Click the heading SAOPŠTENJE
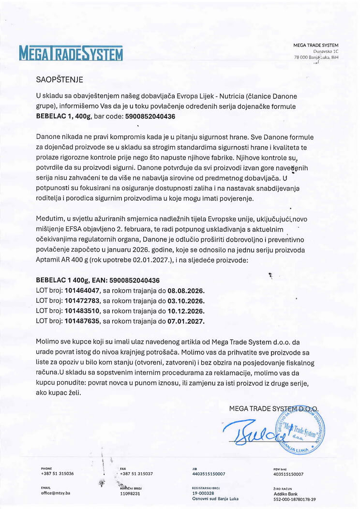60,79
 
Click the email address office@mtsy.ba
56,493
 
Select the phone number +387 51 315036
58,474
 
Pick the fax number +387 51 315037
136,474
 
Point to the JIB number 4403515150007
209,474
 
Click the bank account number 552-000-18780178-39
295,499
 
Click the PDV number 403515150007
288,474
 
